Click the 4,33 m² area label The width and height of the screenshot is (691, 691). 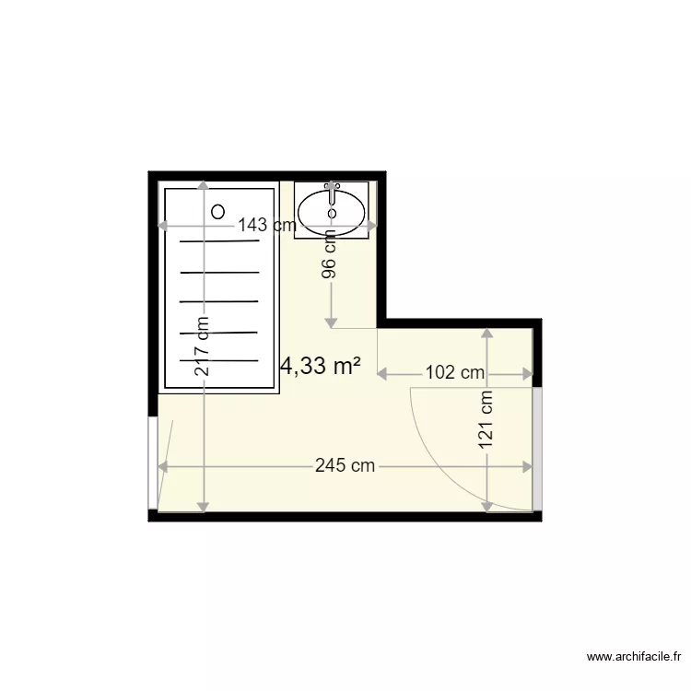pyautogui.click(x=320, y=367)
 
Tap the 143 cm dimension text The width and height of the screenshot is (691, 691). pyautogui.click(x=266, y=225)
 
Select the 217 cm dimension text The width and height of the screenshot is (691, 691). pyautogui.click(x=204, y=346)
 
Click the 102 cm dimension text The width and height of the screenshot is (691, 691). pyautogui.click(x=454, y=373)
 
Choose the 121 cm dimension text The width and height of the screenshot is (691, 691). pyautogui.click(x=486, y=421)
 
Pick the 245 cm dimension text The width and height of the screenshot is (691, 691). pyautogui.click(x=345, y=466)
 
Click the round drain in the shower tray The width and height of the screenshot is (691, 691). pyautogui.click(x=217, y=211)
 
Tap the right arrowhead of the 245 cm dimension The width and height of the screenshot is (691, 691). pyautogui.click(x=529, y=466)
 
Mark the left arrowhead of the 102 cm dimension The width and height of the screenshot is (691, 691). pyautogui.click(x=383, y=373)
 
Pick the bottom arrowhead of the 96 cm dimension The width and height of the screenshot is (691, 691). pyautogui.click(x=331, y=322)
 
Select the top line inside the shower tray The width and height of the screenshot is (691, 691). pyautogui.click(x=219, y=241)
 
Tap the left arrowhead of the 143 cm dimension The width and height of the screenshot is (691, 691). pyautogui.click(x=162, y=225)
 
